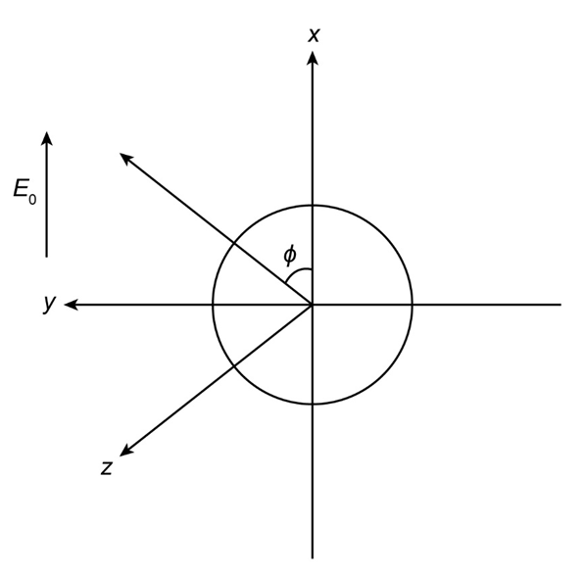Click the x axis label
coord(314,35)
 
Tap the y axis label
coord(49,304)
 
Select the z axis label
coord(107,468)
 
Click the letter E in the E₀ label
coord(21,188)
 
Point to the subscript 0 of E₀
coord(32,200)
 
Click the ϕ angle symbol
coord(290,255)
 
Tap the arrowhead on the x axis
coord(313,58)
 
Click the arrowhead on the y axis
coord(71,305)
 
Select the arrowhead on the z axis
coord(126,451)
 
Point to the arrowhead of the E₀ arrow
coord(46,138)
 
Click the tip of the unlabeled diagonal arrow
coord(120,153)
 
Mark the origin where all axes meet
coord(313,305)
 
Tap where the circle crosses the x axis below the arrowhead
coord(313,205)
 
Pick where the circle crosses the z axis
coord(233,366)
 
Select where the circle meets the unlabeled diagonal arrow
coord(233,243)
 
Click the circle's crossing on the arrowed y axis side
coord(213,305)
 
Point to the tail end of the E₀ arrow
coord(46,257)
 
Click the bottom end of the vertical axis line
coord(313,558)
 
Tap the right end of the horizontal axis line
coord(560,305)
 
